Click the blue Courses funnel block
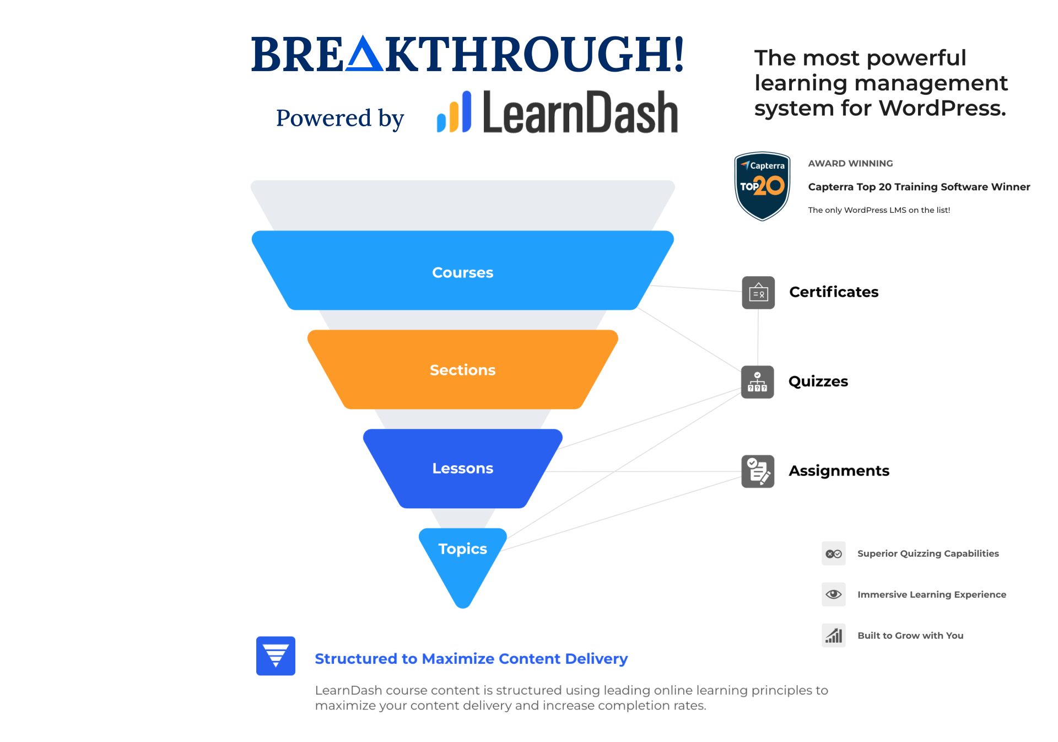463,270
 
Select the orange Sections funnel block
463,369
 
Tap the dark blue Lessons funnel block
463,469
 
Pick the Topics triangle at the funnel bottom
463,562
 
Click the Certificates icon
758,293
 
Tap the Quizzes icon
758,382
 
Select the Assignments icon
758,471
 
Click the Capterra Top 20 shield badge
763,186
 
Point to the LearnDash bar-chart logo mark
454,112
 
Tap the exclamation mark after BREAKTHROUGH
678,53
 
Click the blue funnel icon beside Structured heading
276,656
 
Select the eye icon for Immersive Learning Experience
834,594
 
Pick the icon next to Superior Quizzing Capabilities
834,553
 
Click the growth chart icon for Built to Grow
834,636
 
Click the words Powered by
340,118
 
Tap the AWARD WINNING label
850,163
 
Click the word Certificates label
834,292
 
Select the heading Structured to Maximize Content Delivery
471,659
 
